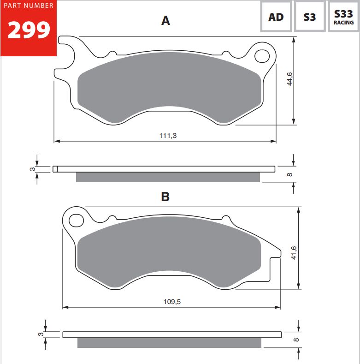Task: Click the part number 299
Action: coord(29,30)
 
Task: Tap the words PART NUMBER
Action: coord(29,6)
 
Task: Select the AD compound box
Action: coord(276,16)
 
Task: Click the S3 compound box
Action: coord(310,16)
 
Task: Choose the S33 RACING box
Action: coord(343,16)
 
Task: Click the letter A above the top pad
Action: coord(165,20)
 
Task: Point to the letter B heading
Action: coord(165,197)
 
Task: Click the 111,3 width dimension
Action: coord(168,135)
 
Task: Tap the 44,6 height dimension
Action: coord(290,79)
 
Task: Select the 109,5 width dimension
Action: coord(172,302)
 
